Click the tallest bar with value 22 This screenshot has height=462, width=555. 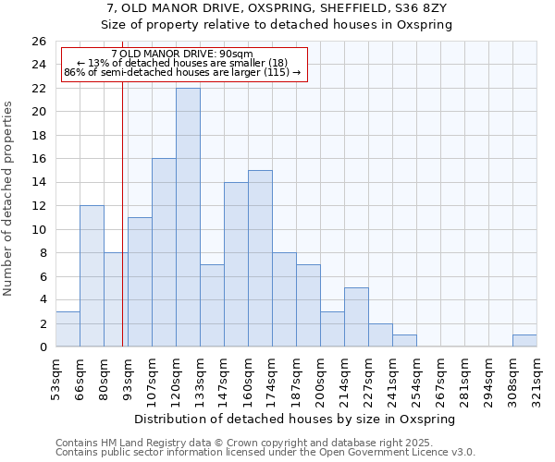(x=188, y=217)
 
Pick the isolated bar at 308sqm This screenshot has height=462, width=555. (x=524, y=341)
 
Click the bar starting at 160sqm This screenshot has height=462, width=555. (x=260, y=258)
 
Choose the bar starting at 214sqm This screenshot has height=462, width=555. (x=356, y=317)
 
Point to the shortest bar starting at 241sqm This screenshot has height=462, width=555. (x=404, y=341)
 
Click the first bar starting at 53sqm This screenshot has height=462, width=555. (x=68, y=329)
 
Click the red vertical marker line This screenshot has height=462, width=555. (x=122, y=231)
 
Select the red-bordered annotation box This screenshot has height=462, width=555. (x=182, y=63)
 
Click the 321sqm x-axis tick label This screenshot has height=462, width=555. (x=537, y=376)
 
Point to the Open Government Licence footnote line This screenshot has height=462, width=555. (x=265, y=453)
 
